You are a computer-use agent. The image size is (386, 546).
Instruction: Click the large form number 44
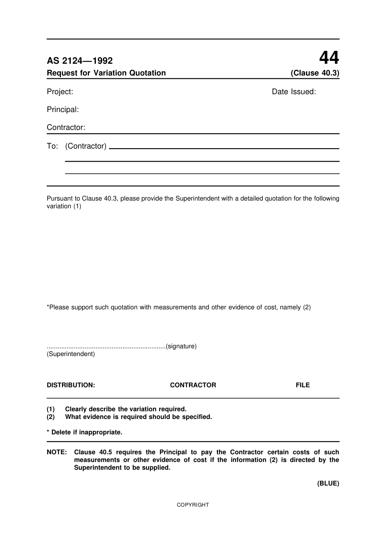point(329,58)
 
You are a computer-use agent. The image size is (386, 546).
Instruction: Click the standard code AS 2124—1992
point(80,61)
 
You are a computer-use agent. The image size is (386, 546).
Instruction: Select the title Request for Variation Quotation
point(106,73)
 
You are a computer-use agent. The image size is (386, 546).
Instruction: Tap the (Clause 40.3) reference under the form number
point(315,73)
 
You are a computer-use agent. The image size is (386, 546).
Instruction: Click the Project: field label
point(60,92)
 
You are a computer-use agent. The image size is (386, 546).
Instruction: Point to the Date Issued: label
point(294,92)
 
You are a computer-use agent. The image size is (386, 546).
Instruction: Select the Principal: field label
point(63,110)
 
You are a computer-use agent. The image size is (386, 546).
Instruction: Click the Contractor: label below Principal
point(66,127)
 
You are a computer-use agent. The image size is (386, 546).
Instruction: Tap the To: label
point(52,146)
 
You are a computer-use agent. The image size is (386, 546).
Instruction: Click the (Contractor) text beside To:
point(86,146)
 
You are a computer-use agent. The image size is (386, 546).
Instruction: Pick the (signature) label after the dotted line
point(181,346)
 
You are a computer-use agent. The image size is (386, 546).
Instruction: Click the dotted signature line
point(106,347)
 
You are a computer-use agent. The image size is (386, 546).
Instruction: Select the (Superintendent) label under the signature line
point(71,354)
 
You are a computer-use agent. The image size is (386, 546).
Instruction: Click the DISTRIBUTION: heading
point(71,385)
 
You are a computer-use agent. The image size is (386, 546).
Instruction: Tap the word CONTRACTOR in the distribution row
point(193,385)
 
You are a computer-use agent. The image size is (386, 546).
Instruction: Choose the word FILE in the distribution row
point(303,385)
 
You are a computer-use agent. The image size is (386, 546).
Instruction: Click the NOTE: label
point(56,452)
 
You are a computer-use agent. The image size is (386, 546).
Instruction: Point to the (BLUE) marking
point(328,483)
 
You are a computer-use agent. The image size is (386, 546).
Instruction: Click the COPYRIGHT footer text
point(193,505)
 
